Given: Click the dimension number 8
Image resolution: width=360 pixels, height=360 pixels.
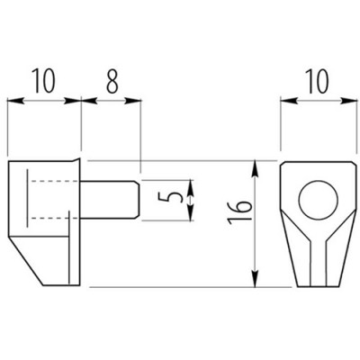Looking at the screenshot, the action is [112, 81].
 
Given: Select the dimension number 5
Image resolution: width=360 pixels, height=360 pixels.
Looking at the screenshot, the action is [172, 197].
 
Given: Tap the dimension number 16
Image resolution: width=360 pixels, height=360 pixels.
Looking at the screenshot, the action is [238, 212].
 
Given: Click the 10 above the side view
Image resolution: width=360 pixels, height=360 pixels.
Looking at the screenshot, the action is [44, 81].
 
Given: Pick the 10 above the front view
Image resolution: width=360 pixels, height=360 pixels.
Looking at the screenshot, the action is [318, 81].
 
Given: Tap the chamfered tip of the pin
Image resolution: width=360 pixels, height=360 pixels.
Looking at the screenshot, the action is [138, 200].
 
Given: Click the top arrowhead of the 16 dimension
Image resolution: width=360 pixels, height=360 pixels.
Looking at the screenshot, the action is [255, 167].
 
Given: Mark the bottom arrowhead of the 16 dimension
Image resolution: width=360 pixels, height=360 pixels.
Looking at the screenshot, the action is [255, 279].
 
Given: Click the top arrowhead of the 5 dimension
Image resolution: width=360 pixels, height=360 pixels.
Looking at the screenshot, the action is [191, 186].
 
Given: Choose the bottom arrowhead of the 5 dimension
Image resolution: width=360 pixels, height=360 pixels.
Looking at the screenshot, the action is [191, 212].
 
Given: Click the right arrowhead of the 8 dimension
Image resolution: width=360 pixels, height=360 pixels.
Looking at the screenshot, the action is [133, 101].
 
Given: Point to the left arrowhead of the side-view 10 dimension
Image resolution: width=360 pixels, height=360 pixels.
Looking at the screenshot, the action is [15, 101].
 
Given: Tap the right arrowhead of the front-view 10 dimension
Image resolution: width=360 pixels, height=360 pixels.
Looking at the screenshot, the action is [350, 101].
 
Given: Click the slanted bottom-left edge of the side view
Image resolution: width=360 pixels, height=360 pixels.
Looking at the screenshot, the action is [26, 261].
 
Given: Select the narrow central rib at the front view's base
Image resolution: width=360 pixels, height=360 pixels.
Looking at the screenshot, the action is [319, 263].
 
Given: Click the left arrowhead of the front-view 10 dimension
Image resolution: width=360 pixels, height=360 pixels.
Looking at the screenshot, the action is [289, 101].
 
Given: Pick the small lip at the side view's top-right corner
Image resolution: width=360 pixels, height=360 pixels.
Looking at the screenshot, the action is [76, 159].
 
